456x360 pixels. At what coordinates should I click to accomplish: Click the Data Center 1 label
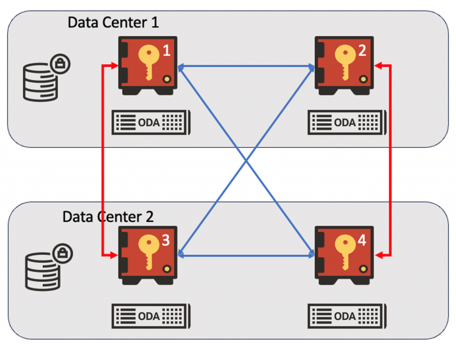coord(113,22)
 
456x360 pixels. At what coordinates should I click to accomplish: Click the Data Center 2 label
coord(108,217)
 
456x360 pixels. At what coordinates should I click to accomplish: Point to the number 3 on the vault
coord(165,241)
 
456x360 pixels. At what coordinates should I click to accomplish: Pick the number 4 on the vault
coord(362,241)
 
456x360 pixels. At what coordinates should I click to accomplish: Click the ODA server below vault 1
coord(151,122)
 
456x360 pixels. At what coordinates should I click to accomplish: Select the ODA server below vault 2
coord(347,122)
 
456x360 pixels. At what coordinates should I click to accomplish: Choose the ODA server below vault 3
coord(151,316)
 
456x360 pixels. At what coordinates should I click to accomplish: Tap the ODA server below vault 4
coord(347,316)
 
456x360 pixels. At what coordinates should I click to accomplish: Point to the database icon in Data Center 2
coord(42,271)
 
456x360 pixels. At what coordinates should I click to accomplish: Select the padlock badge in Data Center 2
coord(62,254)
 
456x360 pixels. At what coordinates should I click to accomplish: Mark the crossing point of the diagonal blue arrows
coord(246,161)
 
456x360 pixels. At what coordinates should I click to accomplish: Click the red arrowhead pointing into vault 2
coord(378,66)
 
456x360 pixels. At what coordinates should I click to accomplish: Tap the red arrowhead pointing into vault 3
coord(114,255)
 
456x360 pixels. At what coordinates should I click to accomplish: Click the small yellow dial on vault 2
coord(363,80)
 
